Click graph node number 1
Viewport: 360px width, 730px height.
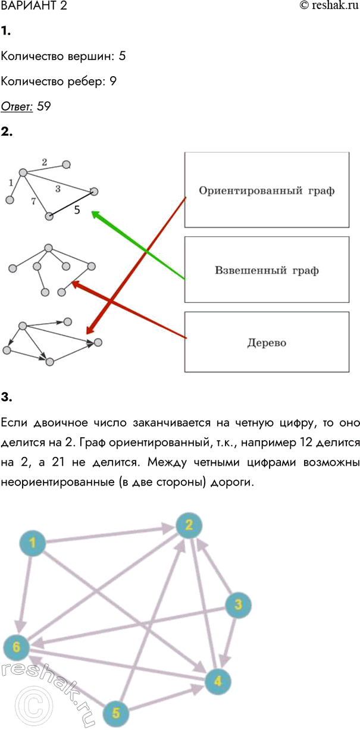33,543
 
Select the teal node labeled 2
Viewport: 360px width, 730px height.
189,525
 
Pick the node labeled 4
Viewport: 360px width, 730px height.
218,681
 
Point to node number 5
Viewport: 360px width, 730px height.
117,712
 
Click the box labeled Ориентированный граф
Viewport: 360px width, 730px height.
267,190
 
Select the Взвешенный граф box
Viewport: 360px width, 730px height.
267,270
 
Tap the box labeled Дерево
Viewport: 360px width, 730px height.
267,343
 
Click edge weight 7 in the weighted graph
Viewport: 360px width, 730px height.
34,202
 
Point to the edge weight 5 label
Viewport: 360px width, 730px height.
77,209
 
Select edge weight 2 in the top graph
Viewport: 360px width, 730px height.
45,161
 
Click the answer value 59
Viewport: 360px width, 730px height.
43,107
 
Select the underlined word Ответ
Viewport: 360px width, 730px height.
17,107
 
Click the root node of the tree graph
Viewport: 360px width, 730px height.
49,248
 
